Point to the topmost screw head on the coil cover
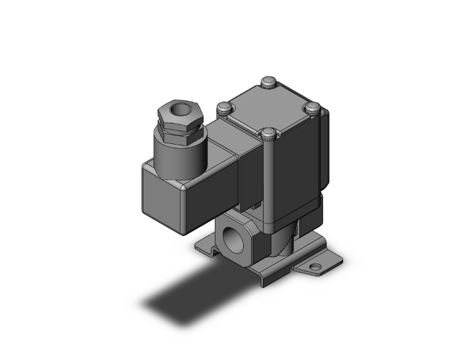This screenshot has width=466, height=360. (268, 81)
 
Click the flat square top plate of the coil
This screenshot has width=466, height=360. (269, 106)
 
